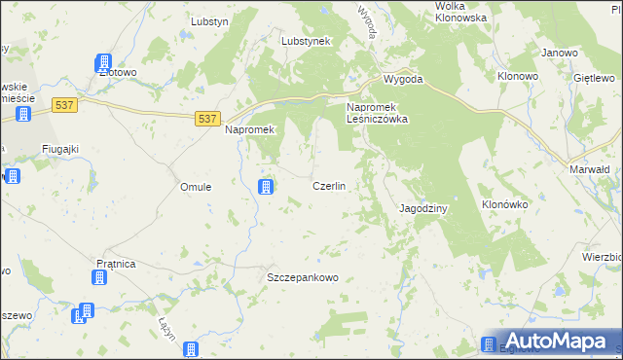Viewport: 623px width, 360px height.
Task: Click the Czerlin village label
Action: pyautogui.click(x=329, y=186)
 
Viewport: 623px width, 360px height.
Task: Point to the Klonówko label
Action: pyautogui.click(x=504, y=205)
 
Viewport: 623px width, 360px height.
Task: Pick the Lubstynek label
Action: pyautogui.click(x=307, y=42)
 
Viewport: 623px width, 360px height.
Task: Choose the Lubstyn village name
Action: pyautogui.click(x=209, y=20)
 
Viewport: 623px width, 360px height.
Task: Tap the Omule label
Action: pyautogui.click(x=197, y=187)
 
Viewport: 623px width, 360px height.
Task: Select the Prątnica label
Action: pyautogui.click(x=116, y=264)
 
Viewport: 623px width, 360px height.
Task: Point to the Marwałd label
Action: pyautogui.click(x=589, y=168)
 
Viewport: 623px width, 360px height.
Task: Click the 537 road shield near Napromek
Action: pyautogui.click(x=205, y=118)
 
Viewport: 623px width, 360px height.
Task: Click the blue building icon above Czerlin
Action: pyautogui.click(x=265, y=186)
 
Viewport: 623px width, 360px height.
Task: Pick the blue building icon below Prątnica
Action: pyautogui.click(x=98, y=278)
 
